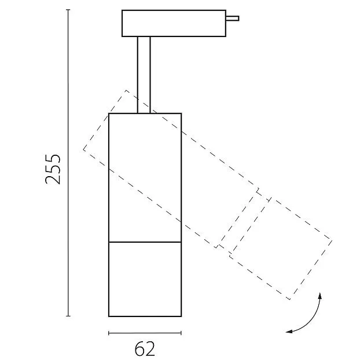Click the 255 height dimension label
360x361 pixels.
point(53,169)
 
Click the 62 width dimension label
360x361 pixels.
point(145,349)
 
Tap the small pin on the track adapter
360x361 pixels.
point(232,19)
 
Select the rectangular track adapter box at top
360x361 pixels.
point(174,23)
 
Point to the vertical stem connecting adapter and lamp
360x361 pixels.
point(144,75)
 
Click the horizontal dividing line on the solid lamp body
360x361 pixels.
point(145,242)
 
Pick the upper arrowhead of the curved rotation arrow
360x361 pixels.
point(319,296)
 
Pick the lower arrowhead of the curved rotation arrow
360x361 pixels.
point(289,331)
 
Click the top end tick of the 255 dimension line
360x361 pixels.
point(68,10)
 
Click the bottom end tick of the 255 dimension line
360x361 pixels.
point(68,316)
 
